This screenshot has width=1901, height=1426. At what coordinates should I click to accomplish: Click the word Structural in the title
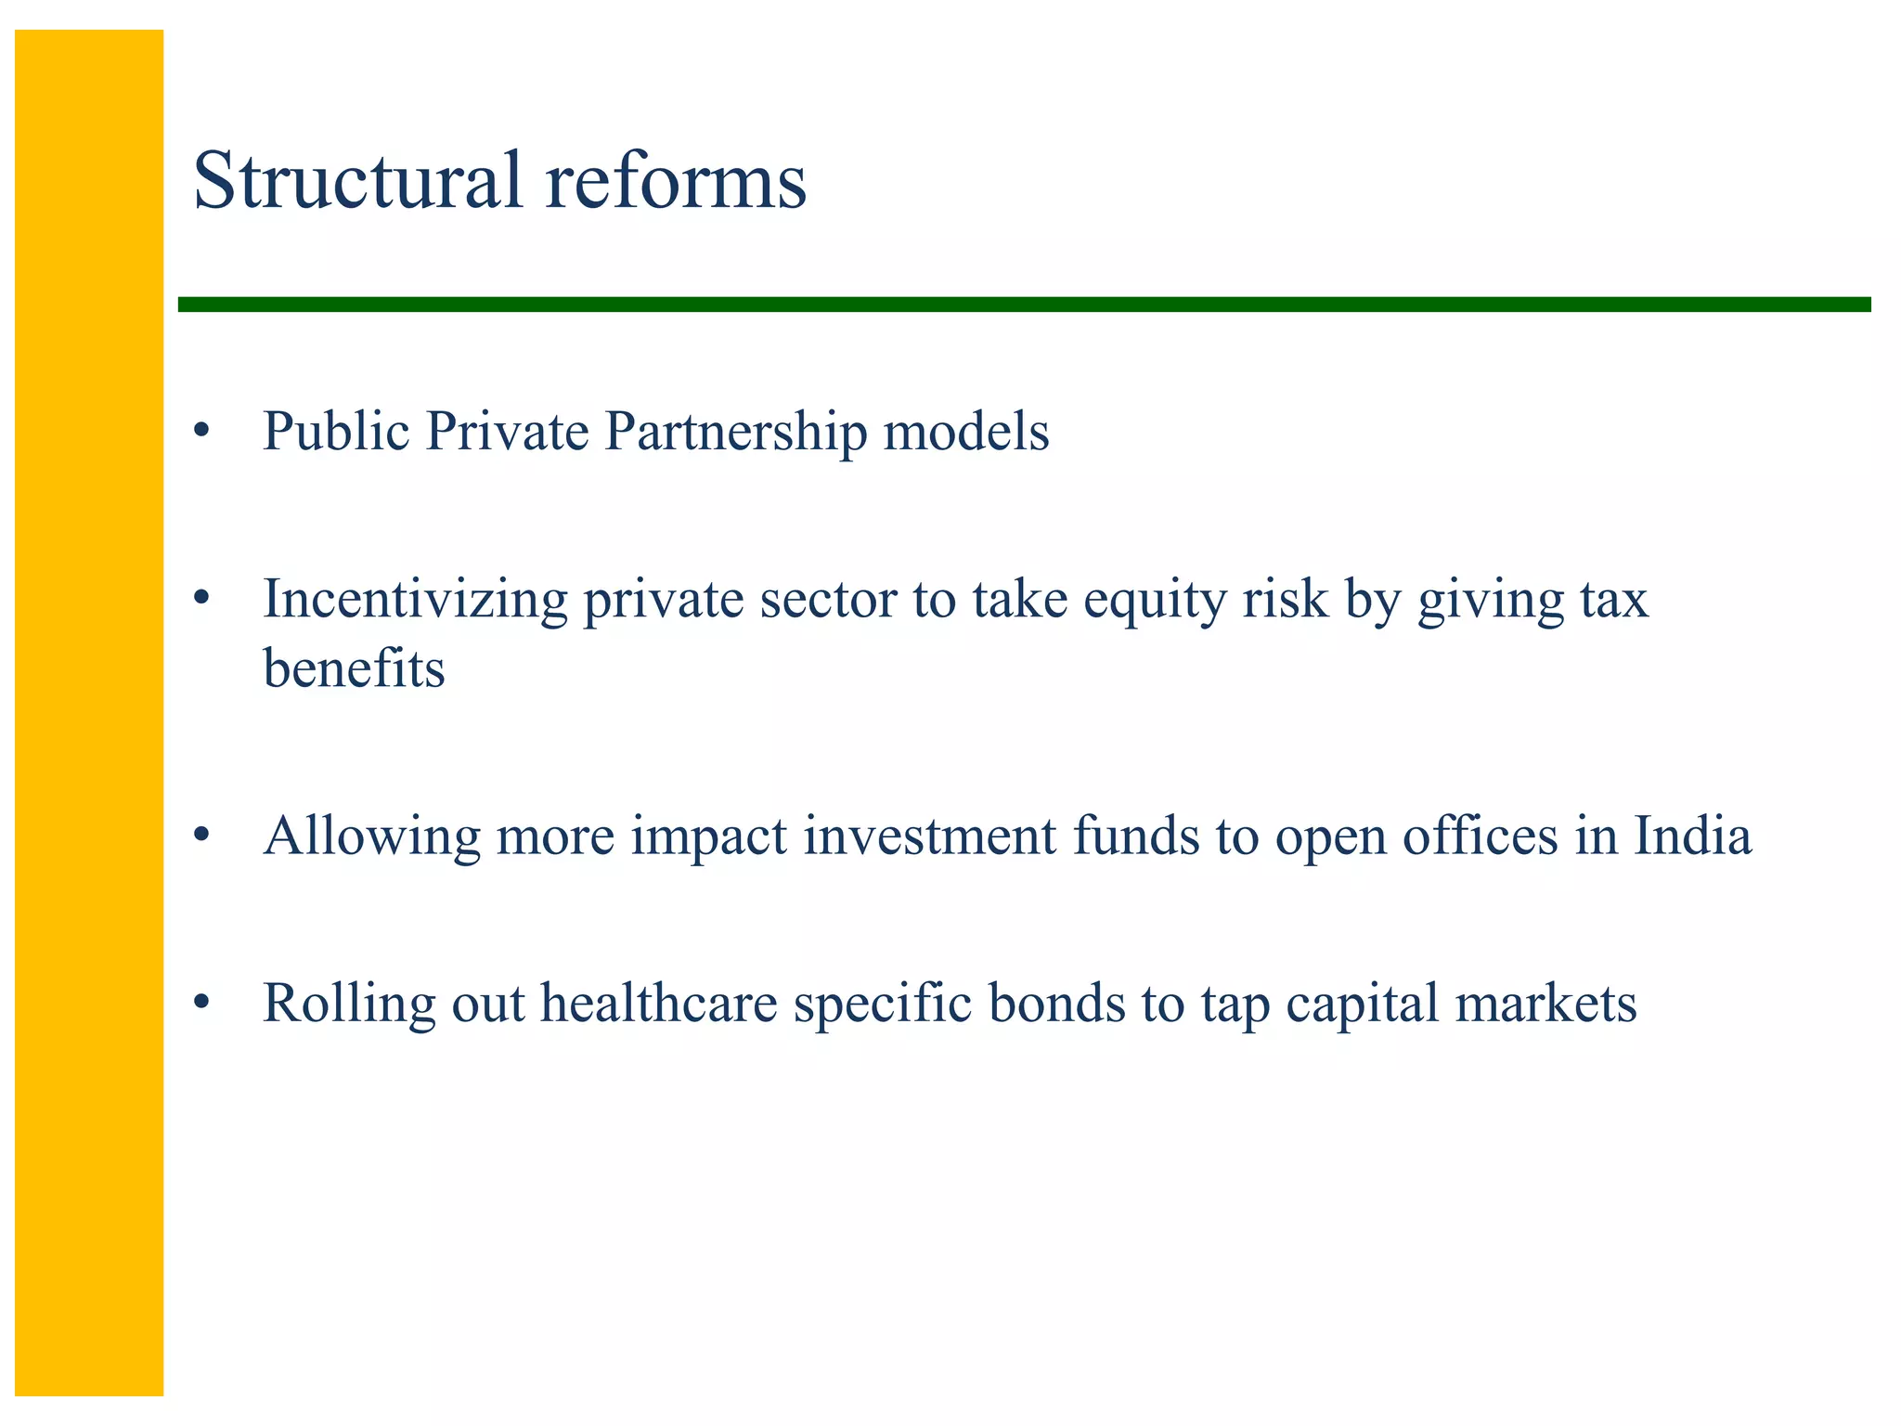[x=357, y=181]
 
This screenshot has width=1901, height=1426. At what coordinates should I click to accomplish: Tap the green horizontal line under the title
[x=1021, y=305]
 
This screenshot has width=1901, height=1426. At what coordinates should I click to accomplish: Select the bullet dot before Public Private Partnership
[x=201, y=433]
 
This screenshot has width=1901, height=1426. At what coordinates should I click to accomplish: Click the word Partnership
[x=735, y=433]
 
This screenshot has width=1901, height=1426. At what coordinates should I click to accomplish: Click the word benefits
[x=354, y=668]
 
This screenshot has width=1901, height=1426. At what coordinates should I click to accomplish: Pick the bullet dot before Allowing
[x=201, y=836]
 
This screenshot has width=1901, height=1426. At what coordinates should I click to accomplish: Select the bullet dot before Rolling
[x=201, y=1004]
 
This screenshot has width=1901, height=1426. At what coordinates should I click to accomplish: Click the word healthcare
[x=659, y=1004]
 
